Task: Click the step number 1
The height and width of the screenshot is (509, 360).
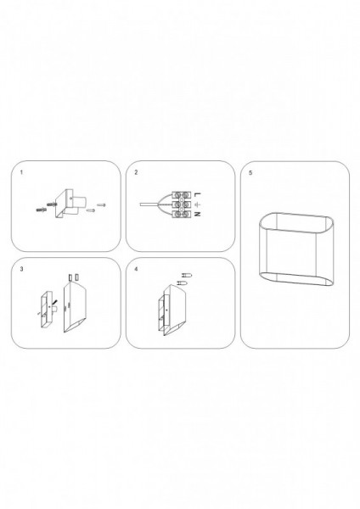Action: coord(21,172)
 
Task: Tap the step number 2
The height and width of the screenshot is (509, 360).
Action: coord(136,172)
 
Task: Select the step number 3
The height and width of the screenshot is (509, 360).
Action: coord(21,269)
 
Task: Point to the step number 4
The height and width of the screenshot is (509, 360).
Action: coord(136,269)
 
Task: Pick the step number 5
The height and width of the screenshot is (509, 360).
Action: coord(250,173)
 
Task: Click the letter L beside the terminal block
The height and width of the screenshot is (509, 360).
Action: coord(198,194)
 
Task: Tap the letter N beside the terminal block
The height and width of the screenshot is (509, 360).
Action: coord(198,215)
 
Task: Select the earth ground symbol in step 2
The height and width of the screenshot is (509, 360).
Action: coord(198,204)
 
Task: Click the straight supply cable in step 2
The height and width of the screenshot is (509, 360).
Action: coord(149,204)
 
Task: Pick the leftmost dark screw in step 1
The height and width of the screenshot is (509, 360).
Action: coord(42,210)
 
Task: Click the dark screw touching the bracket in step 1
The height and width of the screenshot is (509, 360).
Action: coord(53,204)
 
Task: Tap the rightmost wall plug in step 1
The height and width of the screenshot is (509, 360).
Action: coord(101,204)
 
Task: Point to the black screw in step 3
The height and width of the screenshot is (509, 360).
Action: coord(54,303)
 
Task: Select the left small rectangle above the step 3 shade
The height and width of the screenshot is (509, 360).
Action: coord(70,277)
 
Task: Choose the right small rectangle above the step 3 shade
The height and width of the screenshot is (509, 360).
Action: coord(76,277)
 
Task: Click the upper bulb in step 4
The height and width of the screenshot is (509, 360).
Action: coord(187,276)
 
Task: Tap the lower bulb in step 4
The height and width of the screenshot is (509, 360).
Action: coord(181,282)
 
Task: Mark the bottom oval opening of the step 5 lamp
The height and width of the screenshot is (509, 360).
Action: coord(296,279)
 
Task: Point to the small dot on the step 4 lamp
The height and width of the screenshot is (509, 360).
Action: coord(166,310)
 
